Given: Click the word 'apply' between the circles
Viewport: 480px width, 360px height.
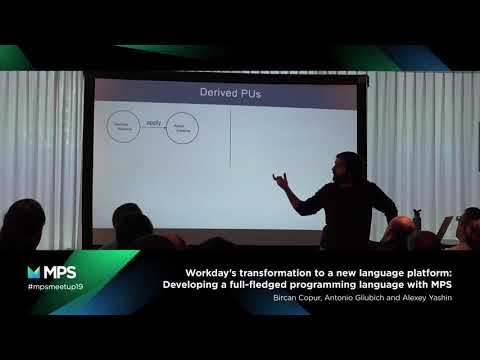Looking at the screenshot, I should [153, 123].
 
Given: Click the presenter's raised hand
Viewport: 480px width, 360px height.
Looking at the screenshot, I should [282, 181].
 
